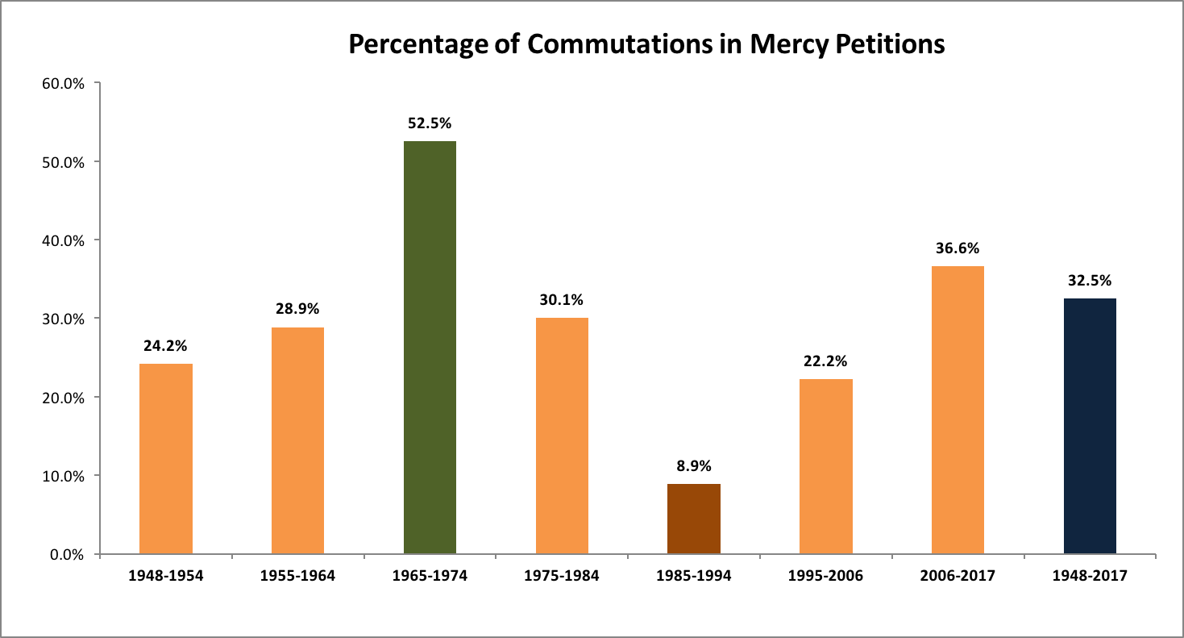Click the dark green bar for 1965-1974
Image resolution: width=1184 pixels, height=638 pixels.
(x=430, y=348)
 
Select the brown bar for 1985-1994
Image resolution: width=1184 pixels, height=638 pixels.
(x=694, y=519)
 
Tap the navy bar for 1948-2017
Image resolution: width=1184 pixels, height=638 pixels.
(x=1090, y=426)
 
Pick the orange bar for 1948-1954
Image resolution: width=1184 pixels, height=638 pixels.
(x=166, y=459)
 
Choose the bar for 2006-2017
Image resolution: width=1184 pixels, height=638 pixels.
(x=958, y=410)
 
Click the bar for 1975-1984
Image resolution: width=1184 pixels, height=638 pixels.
(x=562, y=436)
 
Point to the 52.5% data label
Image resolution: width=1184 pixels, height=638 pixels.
(x=430, y=123)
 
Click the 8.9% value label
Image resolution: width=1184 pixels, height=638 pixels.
(x=694, y=466)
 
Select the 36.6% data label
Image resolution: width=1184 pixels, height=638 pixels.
(x=958, y=248)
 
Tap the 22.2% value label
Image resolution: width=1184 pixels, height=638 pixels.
(x=825, y=361)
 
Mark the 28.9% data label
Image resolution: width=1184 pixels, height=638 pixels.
(x=297, y=309)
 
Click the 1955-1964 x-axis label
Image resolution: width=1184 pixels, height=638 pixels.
(x=297, y=576)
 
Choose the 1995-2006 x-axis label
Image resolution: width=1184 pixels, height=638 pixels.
(x=825, y=576)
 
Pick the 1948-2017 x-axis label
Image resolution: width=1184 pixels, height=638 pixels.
(x=1090, y=576)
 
